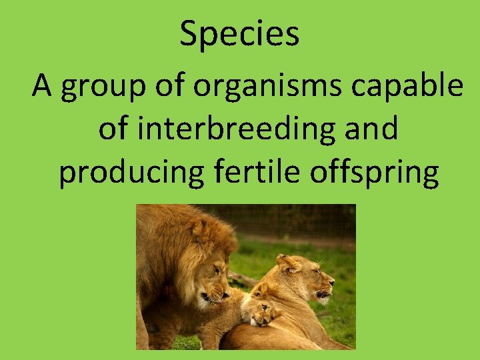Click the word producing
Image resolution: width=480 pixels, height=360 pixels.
131,173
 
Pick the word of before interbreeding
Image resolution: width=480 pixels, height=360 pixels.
113,129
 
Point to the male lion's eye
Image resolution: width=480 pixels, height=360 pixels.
215,269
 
